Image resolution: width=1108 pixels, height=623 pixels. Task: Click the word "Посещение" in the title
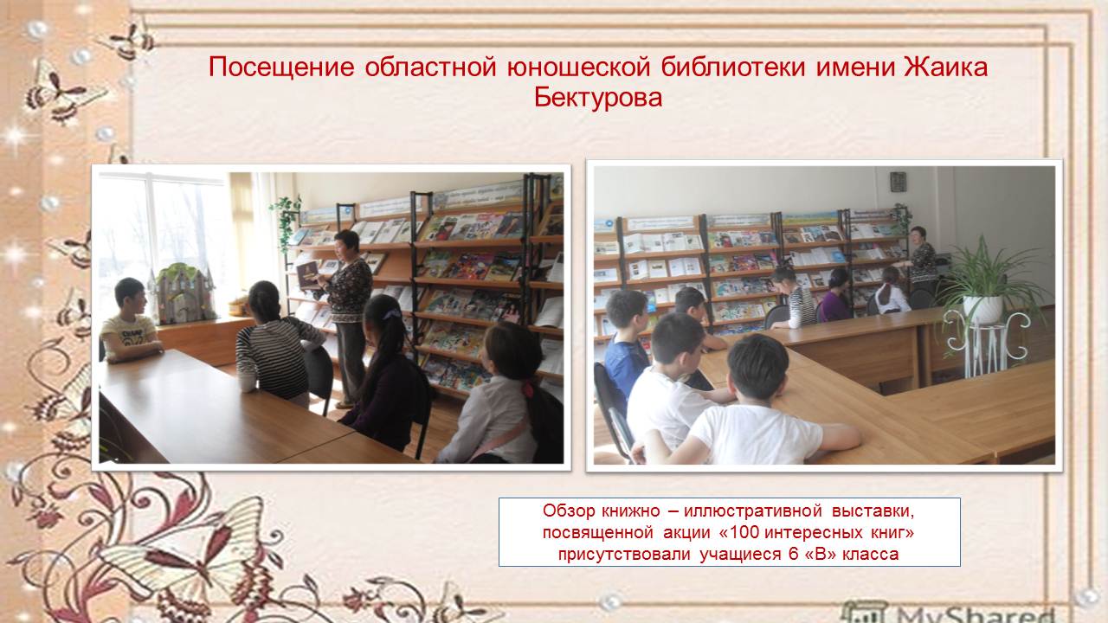point(281,67)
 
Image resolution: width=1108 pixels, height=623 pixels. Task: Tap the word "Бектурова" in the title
point(597,98)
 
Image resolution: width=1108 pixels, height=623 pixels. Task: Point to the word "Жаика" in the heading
point(946,67)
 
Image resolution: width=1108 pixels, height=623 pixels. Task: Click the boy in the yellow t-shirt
point(130,321)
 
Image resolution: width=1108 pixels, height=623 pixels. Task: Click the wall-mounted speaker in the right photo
point(898,182)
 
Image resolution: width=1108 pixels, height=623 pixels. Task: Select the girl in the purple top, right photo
point(835,296)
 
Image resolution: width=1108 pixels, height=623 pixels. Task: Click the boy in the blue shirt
point(625,341)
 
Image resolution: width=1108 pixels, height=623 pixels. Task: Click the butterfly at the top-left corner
point(130,42)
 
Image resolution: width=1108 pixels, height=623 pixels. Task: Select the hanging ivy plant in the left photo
point(286,222)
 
